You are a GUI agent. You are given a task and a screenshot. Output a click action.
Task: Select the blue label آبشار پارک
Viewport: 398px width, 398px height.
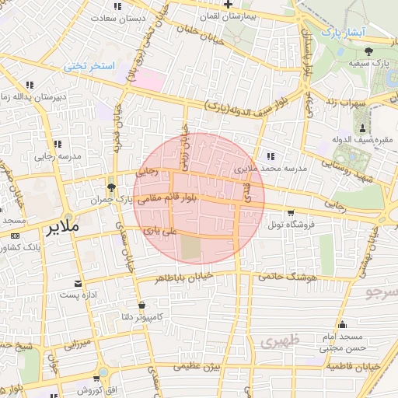342,33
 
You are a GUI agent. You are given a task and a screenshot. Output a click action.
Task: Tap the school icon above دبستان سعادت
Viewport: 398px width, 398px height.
117,6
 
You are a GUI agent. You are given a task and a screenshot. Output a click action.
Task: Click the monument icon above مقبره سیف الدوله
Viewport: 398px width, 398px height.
363,127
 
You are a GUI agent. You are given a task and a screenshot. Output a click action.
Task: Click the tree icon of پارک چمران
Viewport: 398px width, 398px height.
111,187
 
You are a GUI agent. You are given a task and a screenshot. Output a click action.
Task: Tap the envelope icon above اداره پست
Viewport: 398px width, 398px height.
77,284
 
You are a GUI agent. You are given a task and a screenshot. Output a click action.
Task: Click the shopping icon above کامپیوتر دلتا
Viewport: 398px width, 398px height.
141,305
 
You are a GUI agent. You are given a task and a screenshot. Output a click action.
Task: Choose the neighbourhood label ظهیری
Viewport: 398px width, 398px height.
280,341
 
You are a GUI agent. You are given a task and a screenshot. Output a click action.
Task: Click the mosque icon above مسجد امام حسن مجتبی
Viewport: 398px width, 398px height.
342,325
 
